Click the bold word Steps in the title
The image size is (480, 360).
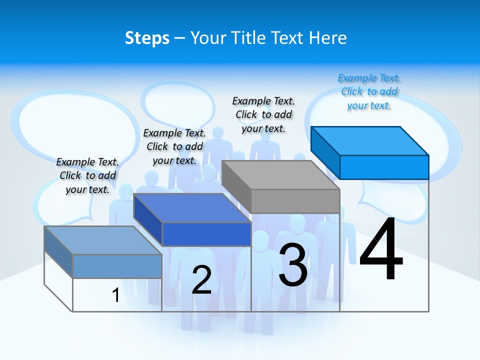tap(147, 38)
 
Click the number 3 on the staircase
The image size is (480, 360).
tap(293, 264)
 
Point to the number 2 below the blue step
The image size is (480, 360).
tap(201, 279)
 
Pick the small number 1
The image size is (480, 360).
tap(115, 295)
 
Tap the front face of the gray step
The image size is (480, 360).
tap(295, 201)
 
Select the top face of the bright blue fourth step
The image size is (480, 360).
tap(370, 140)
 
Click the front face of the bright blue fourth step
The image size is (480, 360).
tap(384, 167)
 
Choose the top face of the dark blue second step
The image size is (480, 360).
tap(192, 208)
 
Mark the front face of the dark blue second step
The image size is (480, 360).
tap(206, 234)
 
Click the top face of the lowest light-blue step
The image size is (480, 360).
tap(103, 240)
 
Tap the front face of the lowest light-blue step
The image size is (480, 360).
tap(117, 266)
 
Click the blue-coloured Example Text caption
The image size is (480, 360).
tap(369, 91)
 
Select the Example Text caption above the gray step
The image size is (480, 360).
tap(263, 114)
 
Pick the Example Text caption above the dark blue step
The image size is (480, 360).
tap(174, 146)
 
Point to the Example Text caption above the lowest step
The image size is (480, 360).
tap(87, 175)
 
